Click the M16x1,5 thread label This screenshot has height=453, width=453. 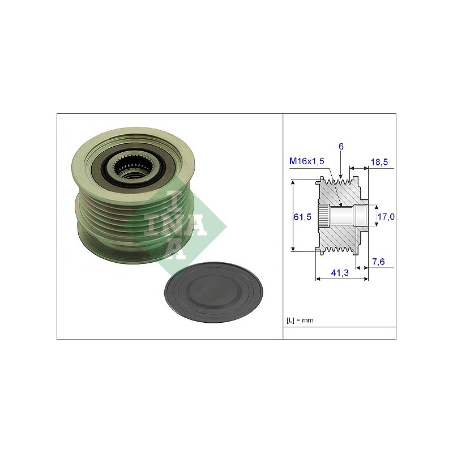pos(307,161)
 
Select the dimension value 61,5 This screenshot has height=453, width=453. pos(302,216)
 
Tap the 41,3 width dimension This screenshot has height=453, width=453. pos(340,272)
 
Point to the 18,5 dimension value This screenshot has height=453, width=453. pos(379,162)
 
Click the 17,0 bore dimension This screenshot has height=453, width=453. pos(386,216)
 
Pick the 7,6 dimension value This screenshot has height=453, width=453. pos(378,262)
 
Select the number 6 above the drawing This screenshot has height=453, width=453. pos(341,147)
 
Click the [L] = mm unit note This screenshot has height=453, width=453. pos(300,320)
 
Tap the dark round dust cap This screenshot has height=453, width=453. pos(213,292)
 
